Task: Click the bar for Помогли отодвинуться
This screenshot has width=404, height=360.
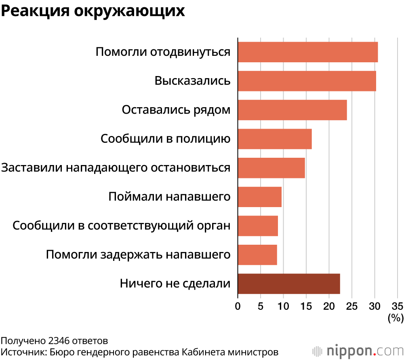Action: (308, 52)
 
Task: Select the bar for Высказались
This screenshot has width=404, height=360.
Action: (307, 81)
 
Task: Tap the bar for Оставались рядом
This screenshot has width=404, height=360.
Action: (292, 110)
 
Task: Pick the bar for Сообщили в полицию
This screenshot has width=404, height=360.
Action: (275, 139)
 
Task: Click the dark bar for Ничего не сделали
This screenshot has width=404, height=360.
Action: (289, 284)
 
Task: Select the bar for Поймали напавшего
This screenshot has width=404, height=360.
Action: (260, 197)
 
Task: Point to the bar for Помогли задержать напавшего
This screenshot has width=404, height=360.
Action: (257, 255)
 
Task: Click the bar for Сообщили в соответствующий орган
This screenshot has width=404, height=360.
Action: (258, 226)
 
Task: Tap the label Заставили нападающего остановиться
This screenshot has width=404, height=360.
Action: (116, 168)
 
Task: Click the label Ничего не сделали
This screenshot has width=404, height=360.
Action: (175, 284)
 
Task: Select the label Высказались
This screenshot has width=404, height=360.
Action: (193, 81)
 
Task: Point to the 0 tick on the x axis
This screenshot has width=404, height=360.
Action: (238, 305)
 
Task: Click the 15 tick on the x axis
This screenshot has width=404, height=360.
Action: (306, 305)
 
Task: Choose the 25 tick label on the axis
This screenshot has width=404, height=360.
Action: (352, 305)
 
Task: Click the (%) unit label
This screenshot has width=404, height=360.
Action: (396, 318)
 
